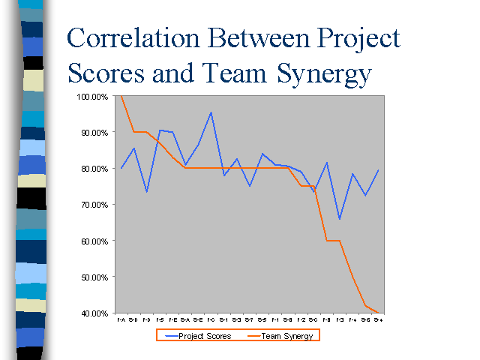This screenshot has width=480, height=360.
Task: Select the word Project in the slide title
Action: [353, 40]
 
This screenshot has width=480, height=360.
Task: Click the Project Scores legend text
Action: [204, 336]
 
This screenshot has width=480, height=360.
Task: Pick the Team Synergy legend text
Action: [289, 336]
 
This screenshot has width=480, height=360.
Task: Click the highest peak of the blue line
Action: [211, 112]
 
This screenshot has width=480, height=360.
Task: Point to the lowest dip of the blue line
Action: [340, 220]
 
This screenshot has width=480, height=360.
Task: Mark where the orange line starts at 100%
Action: [121, 97]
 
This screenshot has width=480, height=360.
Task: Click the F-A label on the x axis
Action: [121, 319]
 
